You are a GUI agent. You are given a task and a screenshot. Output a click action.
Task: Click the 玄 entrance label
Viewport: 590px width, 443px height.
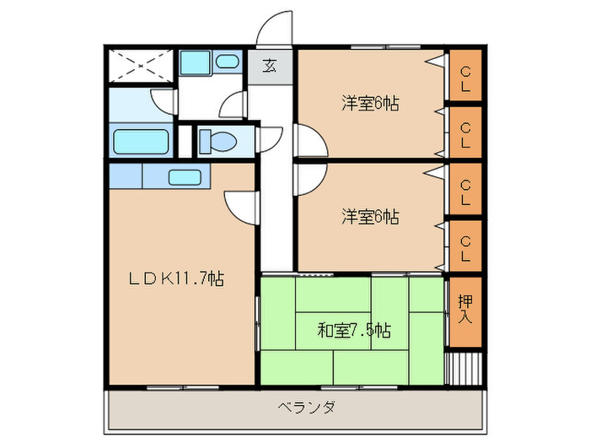coord(268,66)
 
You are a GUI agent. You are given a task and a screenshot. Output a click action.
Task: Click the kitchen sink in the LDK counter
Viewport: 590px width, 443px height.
coord(185,177)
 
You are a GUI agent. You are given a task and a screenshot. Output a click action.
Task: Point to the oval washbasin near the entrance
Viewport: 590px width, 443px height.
coord(227,62)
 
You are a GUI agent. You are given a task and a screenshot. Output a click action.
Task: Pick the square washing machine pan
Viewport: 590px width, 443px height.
coord(196,62)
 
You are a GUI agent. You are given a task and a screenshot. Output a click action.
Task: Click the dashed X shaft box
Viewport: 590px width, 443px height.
coord(140,64)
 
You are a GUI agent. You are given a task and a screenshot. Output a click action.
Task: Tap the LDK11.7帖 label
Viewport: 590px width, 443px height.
coord(175,278)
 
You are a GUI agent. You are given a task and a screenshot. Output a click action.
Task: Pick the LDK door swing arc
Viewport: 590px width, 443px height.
coord(240,205)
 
